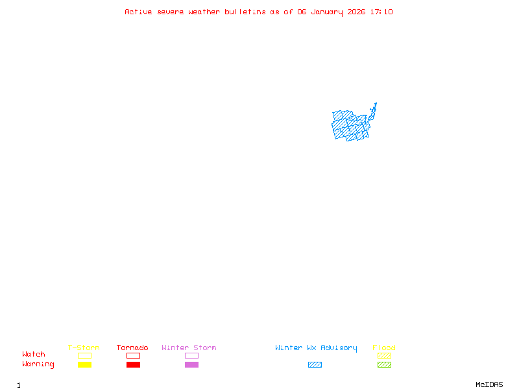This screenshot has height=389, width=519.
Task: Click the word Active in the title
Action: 139,12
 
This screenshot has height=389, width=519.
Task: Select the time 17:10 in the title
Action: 383,12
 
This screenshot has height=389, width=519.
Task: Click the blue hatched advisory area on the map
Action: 350,125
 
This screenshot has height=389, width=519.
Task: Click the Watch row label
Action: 34,355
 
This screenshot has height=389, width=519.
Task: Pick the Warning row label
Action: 38,364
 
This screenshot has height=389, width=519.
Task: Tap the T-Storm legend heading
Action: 84,348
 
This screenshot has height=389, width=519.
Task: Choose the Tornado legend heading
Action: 132,348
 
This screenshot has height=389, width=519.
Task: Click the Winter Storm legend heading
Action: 189,348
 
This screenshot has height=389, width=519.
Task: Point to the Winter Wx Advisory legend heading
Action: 316,348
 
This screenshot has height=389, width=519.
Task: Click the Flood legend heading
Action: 384,348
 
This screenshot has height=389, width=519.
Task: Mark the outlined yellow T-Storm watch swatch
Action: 84,355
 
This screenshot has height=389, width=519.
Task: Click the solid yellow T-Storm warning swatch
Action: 84,364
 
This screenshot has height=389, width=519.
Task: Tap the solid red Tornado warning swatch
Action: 133,364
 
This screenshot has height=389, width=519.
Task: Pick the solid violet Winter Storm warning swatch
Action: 191,364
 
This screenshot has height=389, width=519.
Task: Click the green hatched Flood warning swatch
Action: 384,364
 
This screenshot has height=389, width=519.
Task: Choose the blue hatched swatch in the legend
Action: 315,364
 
